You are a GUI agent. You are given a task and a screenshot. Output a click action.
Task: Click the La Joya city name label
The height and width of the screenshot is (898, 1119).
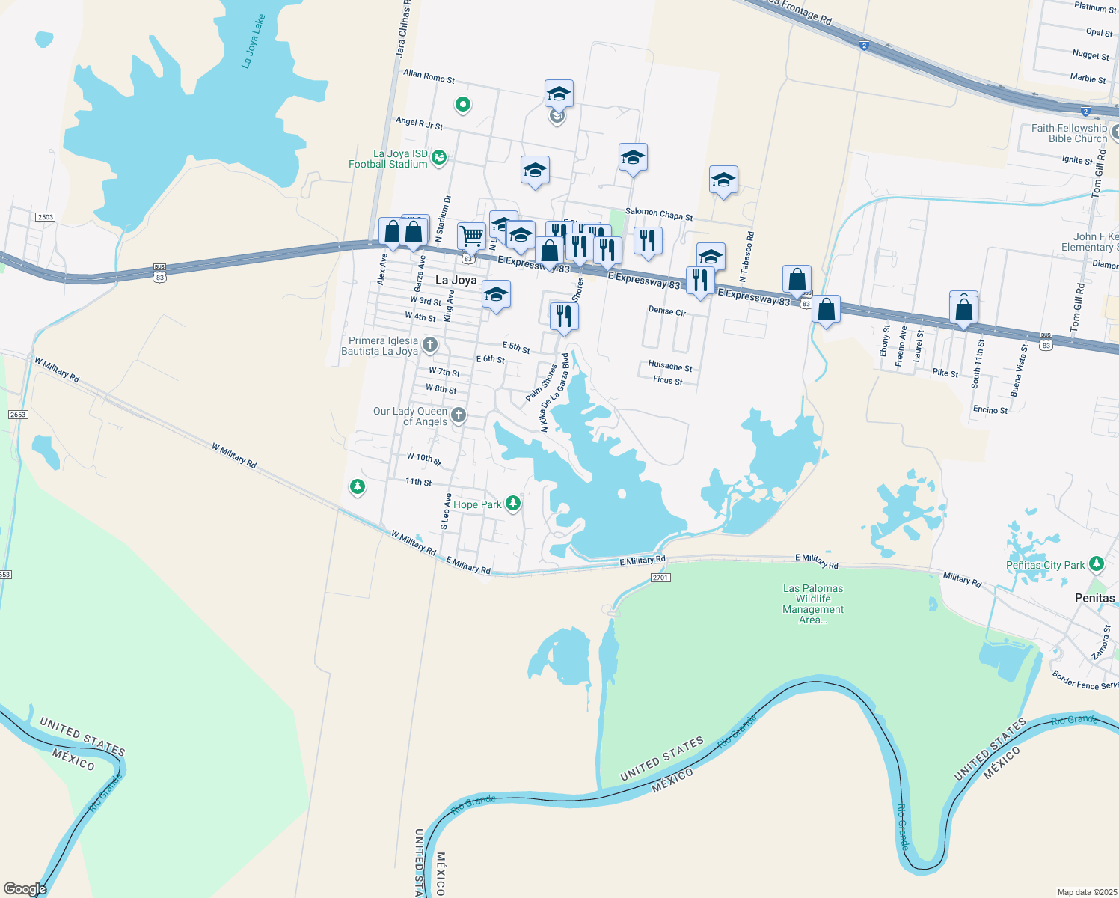(456, 280)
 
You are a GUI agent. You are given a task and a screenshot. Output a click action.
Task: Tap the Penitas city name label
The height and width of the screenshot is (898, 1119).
(1094, 598)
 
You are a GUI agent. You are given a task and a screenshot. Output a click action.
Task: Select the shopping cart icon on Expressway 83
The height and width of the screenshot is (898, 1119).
(471, 236)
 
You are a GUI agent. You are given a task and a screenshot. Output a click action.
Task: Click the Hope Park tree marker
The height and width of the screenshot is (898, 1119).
(513, 504)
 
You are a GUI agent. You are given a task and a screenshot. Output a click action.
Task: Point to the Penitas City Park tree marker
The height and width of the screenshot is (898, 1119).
(1096, 563)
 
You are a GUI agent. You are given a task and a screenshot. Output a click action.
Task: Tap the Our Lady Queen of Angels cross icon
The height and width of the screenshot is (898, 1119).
(459, 415)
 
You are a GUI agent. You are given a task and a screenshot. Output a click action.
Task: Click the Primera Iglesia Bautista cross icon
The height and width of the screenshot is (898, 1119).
(429, 345)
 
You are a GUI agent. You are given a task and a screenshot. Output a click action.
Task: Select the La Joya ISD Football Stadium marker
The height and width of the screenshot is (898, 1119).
(439, 157)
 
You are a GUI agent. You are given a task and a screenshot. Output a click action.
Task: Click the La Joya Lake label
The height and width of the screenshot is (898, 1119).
(254, 42)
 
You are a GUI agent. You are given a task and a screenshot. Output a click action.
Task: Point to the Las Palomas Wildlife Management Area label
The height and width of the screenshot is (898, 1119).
(813, 604)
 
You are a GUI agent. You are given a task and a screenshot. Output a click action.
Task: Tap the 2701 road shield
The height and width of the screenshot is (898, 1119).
(660, 578)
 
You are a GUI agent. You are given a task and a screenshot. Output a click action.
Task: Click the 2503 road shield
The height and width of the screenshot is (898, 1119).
(45, 217)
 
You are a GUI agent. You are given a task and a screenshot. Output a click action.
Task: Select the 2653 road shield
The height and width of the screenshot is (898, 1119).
(18, 415)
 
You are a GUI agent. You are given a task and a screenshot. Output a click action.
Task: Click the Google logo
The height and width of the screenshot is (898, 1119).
(25, 888)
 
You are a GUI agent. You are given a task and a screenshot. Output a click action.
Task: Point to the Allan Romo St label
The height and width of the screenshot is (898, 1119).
(429, 76)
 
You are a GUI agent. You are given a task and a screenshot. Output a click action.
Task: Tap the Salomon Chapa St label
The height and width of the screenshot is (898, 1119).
(659, 215)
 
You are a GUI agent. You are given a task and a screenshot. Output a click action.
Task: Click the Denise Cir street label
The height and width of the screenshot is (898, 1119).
(666, 311)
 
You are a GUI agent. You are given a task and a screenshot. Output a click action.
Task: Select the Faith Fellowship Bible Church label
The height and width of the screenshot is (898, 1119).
(1069, 133)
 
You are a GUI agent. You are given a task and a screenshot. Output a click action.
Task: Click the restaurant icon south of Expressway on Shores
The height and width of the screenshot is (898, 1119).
(563, 316)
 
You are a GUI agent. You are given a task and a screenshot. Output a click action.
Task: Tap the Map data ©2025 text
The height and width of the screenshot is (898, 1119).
(1085, 892)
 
